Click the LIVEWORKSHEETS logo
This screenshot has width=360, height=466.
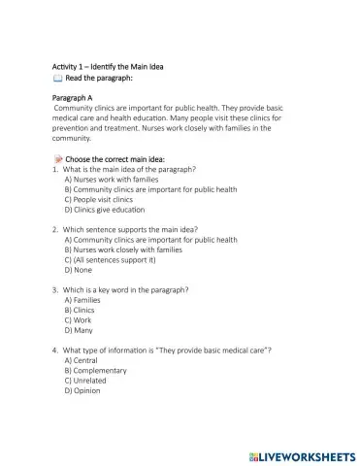coord(301,453)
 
